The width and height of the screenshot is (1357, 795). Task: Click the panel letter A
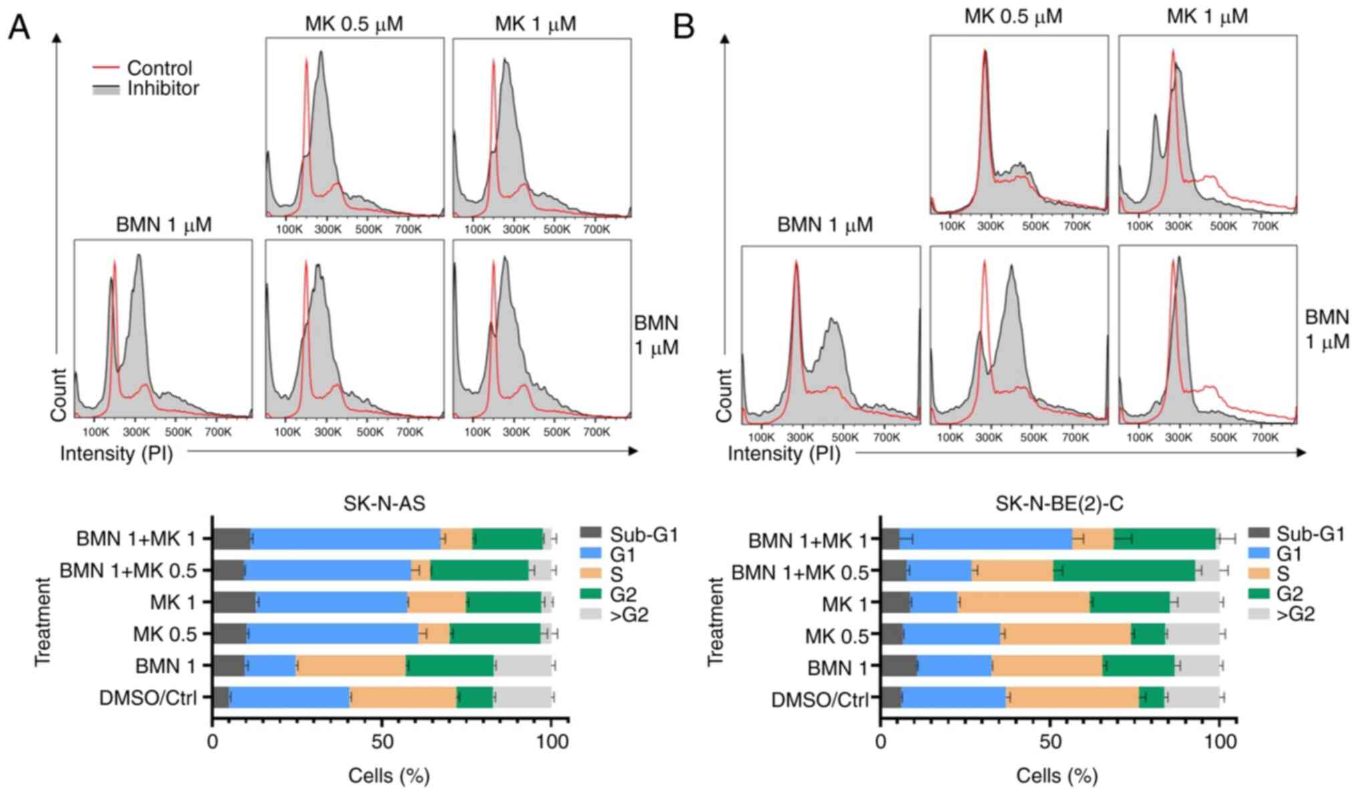coord(19,27)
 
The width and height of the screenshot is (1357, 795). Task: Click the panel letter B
coord(684,27)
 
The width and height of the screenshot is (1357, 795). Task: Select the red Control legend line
coord(105,67)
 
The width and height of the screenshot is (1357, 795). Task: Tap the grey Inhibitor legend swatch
coord(105,89)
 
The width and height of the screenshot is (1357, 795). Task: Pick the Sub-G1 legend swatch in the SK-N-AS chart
coord(590,534)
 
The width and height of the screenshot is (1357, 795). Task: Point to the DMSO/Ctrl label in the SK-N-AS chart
coord(148,698)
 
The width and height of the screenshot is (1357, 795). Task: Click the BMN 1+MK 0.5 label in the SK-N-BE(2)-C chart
coord(799,572)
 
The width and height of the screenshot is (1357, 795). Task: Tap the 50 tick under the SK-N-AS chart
coord(381,741)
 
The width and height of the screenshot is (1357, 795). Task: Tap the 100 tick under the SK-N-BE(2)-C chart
coord(1219,741)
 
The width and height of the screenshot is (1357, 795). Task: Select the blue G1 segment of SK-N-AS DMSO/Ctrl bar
coord(289,698)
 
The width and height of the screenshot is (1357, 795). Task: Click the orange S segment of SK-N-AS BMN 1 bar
coord(351,666)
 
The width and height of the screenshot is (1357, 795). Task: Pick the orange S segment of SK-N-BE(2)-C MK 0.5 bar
coord(1066,634)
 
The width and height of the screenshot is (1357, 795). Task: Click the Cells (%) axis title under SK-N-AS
coord(389,776)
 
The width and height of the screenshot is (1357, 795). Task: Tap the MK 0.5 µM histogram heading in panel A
coord(354,24)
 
